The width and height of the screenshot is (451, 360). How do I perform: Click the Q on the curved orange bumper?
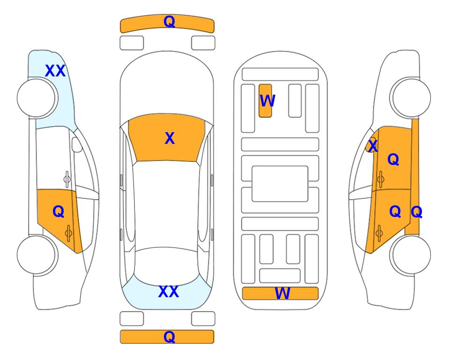(x=169, y=22)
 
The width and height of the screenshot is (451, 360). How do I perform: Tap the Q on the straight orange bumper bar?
(x=169, y=337)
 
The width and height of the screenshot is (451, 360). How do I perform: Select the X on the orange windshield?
(x=170, y=138)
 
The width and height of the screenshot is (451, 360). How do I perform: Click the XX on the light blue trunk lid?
(x=169, y=292)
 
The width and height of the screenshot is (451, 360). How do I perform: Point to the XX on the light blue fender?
(x=55, y=71)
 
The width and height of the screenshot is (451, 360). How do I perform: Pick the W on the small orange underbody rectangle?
(x=267, y=101)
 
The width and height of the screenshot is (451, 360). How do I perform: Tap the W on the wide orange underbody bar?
(x=282, y=293)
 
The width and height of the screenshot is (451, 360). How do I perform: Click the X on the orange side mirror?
(x=373, y=146)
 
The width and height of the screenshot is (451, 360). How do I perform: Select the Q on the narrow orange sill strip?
(x=416, y=212)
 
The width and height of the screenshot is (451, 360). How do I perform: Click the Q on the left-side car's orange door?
(x=59, y=212)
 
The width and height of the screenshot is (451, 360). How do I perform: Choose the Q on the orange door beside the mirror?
(x=393, y=159)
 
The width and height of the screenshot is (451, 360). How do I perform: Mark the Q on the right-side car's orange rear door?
(x=395, y=212)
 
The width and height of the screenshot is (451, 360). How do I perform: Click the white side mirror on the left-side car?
(x=77, y=144)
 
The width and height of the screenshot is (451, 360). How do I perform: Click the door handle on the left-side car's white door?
(x=67, y=179)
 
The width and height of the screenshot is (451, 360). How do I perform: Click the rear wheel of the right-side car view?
(x=410, y=255)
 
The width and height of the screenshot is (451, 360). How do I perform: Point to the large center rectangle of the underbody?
(x=280, y=184)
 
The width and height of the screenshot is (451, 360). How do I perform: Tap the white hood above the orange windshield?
(x=167, y=86)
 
